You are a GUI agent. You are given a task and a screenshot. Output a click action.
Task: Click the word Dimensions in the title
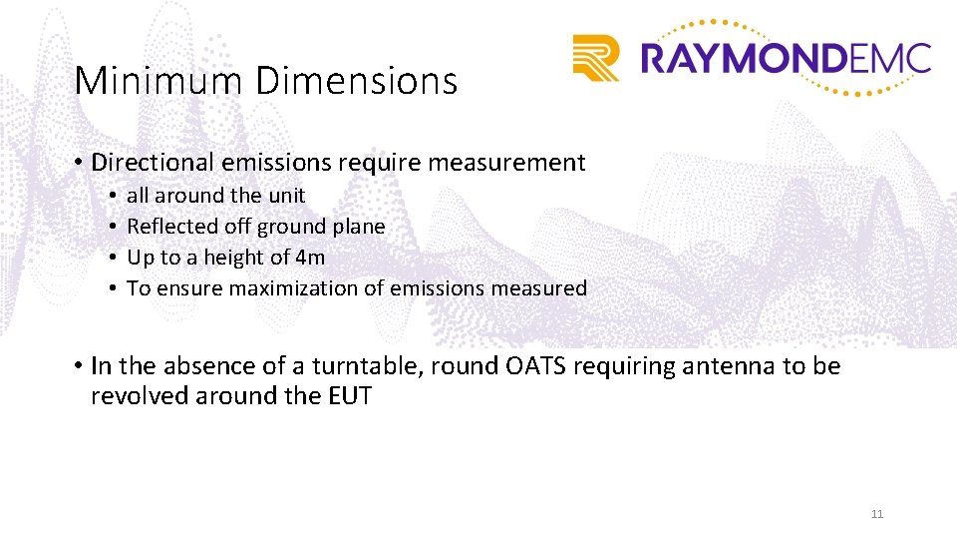click(x=356, y=81)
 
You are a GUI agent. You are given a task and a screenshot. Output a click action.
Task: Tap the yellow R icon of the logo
click(x=595, y=58)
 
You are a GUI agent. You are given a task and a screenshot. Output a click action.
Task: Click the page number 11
click(x=877, y=514)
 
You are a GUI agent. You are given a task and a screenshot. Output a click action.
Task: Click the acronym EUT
click(x=349, y=396)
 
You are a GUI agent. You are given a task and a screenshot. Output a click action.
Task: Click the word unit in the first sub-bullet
click(x=287, y=196)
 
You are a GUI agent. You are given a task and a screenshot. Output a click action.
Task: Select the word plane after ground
click(x=359, y=227)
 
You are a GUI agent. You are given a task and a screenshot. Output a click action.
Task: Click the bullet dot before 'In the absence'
click(x=78, y=366)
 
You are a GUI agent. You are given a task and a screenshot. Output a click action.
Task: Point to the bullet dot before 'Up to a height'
click(x=114, y=258)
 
